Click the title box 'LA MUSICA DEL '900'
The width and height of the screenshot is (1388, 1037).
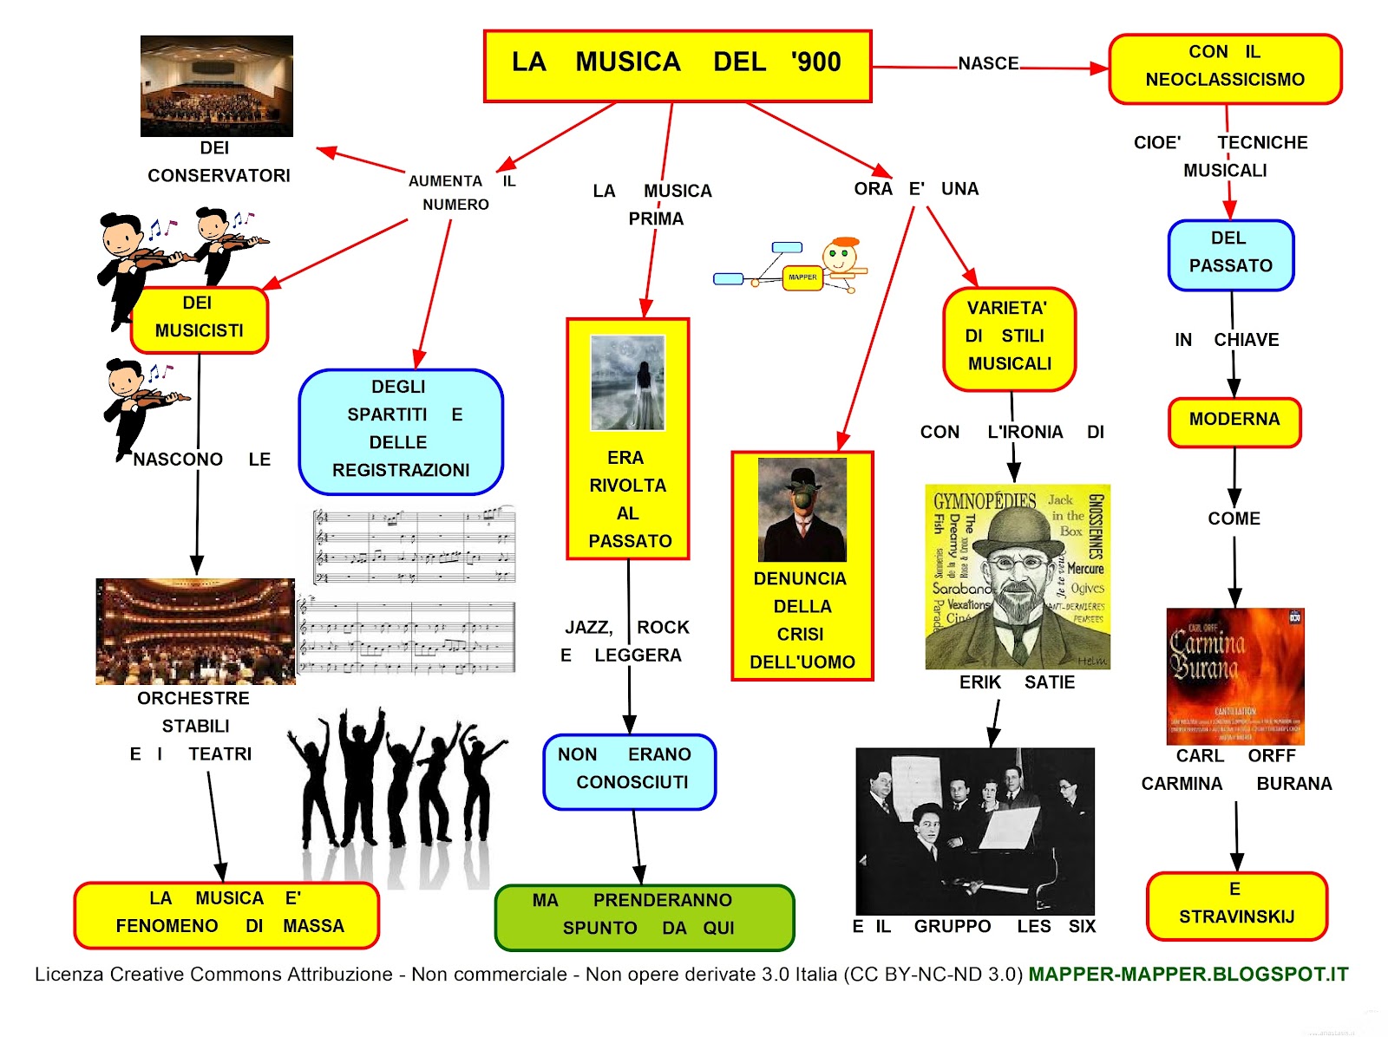tap(677, 66)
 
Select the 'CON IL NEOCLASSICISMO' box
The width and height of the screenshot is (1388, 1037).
tap(1225, 68)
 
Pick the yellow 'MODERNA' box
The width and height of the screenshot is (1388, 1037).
tap(1234, 421)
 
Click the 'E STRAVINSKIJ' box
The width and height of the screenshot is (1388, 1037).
tap(1236, 905)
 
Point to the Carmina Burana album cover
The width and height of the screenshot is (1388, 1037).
tap(1235, 676)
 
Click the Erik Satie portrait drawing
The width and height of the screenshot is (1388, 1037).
tap(1017, 577)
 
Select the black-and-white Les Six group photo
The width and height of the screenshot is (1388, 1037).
tap(975, 831)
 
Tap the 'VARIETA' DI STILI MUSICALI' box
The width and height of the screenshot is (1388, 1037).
tap(1009, 338)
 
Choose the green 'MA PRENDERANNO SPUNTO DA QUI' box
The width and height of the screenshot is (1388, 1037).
tap(645, 916)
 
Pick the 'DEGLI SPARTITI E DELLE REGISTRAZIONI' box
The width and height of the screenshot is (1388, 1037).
tap(401, 431)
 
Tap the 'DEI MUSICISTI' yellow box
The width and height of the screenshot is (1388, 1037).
tap(200, 319)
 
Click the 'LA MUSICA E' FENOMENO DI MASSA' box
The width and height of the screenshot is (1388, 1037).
tap(226, 915)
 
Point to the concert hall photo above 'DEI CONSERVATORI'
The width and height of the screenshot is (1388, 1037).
tap(217, 86)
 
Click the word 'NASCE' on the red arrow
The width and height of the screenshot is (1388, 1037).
tap(988, 63)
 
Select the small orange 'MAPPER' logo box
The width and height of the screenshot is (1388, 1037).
tap(802, 277)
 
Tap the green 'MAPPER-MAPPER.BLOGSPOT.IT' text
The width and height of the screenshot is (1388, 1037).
tap(1188, 975)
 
